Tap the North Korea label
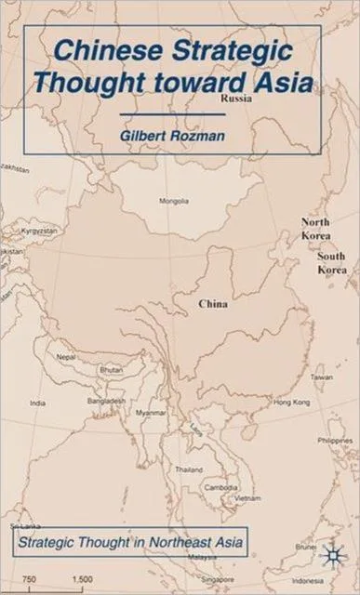click(315, 229)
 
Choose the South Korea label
click(332, 262)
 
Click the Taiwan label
click(321, 377)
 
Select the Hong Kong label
click(289, 402)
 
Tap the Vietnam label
click(247, 498)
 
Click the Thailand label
click(189, 469)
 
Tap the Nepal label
click(65, 356)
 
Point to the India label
click(38, 403)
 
